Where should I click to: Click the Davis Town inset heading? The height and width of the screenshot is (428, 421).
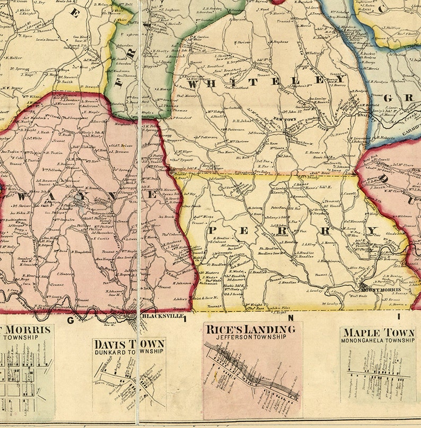pos(129,344)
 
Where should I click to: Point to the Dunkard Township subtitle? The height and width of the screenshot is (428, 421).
pos(129,351)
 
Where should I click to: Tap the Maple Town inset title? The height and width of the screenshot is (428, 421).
pos(378,333)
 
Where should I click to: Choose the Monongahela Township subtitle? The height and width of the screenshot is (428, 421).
pos(378,340)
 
